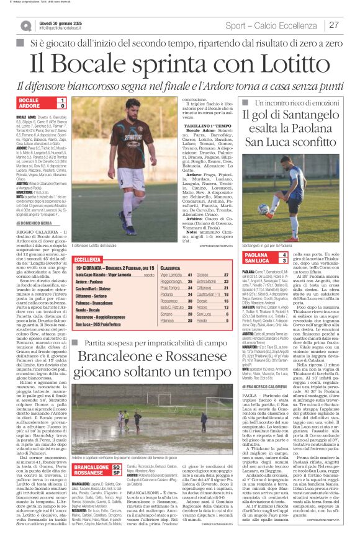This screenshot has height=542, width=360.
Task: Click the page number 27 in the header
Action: (x=334, y=25)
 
